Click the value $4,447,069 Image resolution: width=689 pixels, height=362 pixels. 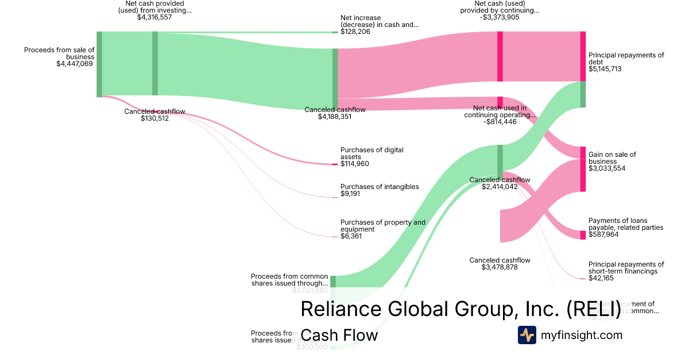[74, 64]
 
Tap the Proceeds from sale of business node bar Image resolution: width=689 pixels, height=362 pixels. [99, 64]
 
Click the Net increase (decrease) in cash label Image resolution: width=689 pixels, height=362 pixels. [379, 21]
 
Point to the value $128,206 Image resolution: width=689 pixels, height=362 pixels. [355, 32]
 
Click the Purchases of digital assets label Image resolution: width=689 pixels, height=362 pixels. [371, 153]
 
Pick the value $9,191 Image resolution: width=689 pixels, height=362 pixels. [351, 194]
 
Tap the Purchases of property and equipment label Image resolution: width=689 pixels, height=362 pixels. [382, 226]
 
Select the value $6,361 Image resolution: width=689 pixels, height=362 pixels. [351, 236]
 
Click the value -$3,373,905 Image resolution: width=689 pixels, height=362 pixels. [500, 17]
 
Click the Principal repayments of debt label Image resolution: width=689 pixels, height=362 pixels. [626, 59]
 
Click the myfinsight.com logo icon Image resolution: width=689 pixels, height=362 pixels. [527, 335]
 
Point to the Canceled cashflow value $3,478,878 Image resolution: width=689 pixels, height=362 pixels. [500, 267]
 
